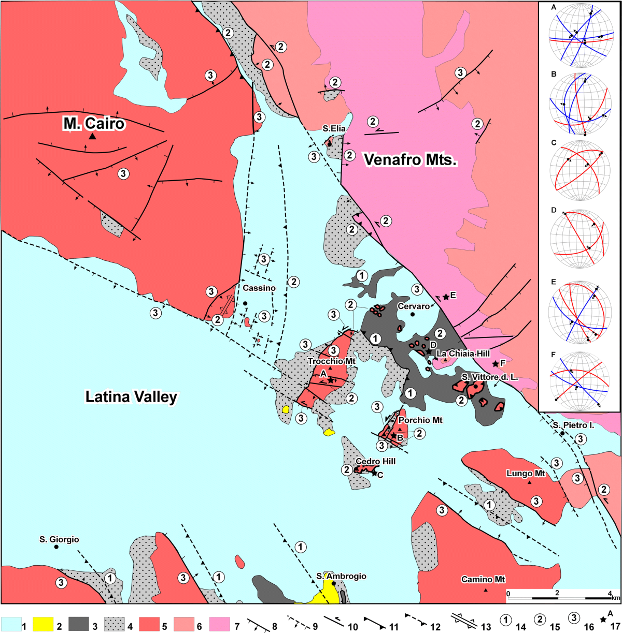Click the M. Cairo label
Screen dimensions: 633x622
tap(94, 123)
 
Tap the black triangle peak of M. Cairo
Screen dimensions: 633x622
tap(92, 137)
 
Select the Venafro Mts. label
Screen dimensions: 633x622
tap(410, 159)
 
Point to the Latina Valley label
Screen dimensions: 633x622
tap(131, 397)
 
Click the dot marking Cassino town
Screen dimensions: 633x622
tap(245, 303)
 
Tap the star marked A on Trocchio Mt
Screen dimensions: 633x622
tap(331, 380)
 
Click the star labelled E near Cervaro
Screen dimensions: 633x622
tap(446, 296)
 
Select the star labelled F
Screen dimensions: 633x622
tap(495, 364)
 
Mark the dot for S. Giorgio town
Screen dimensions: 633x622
tap(56, 547)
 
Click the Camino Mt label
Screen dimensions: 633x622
tap(483, 580)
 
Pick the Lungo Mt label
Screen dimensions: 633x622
tap(526, 474)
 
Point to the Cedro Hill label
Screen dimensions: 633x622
tap(375, 461)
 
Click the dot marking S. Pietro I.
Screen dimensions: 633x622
tap(562, 433)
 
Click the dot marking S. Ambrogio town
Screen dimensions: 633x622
tap(334, 583)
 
